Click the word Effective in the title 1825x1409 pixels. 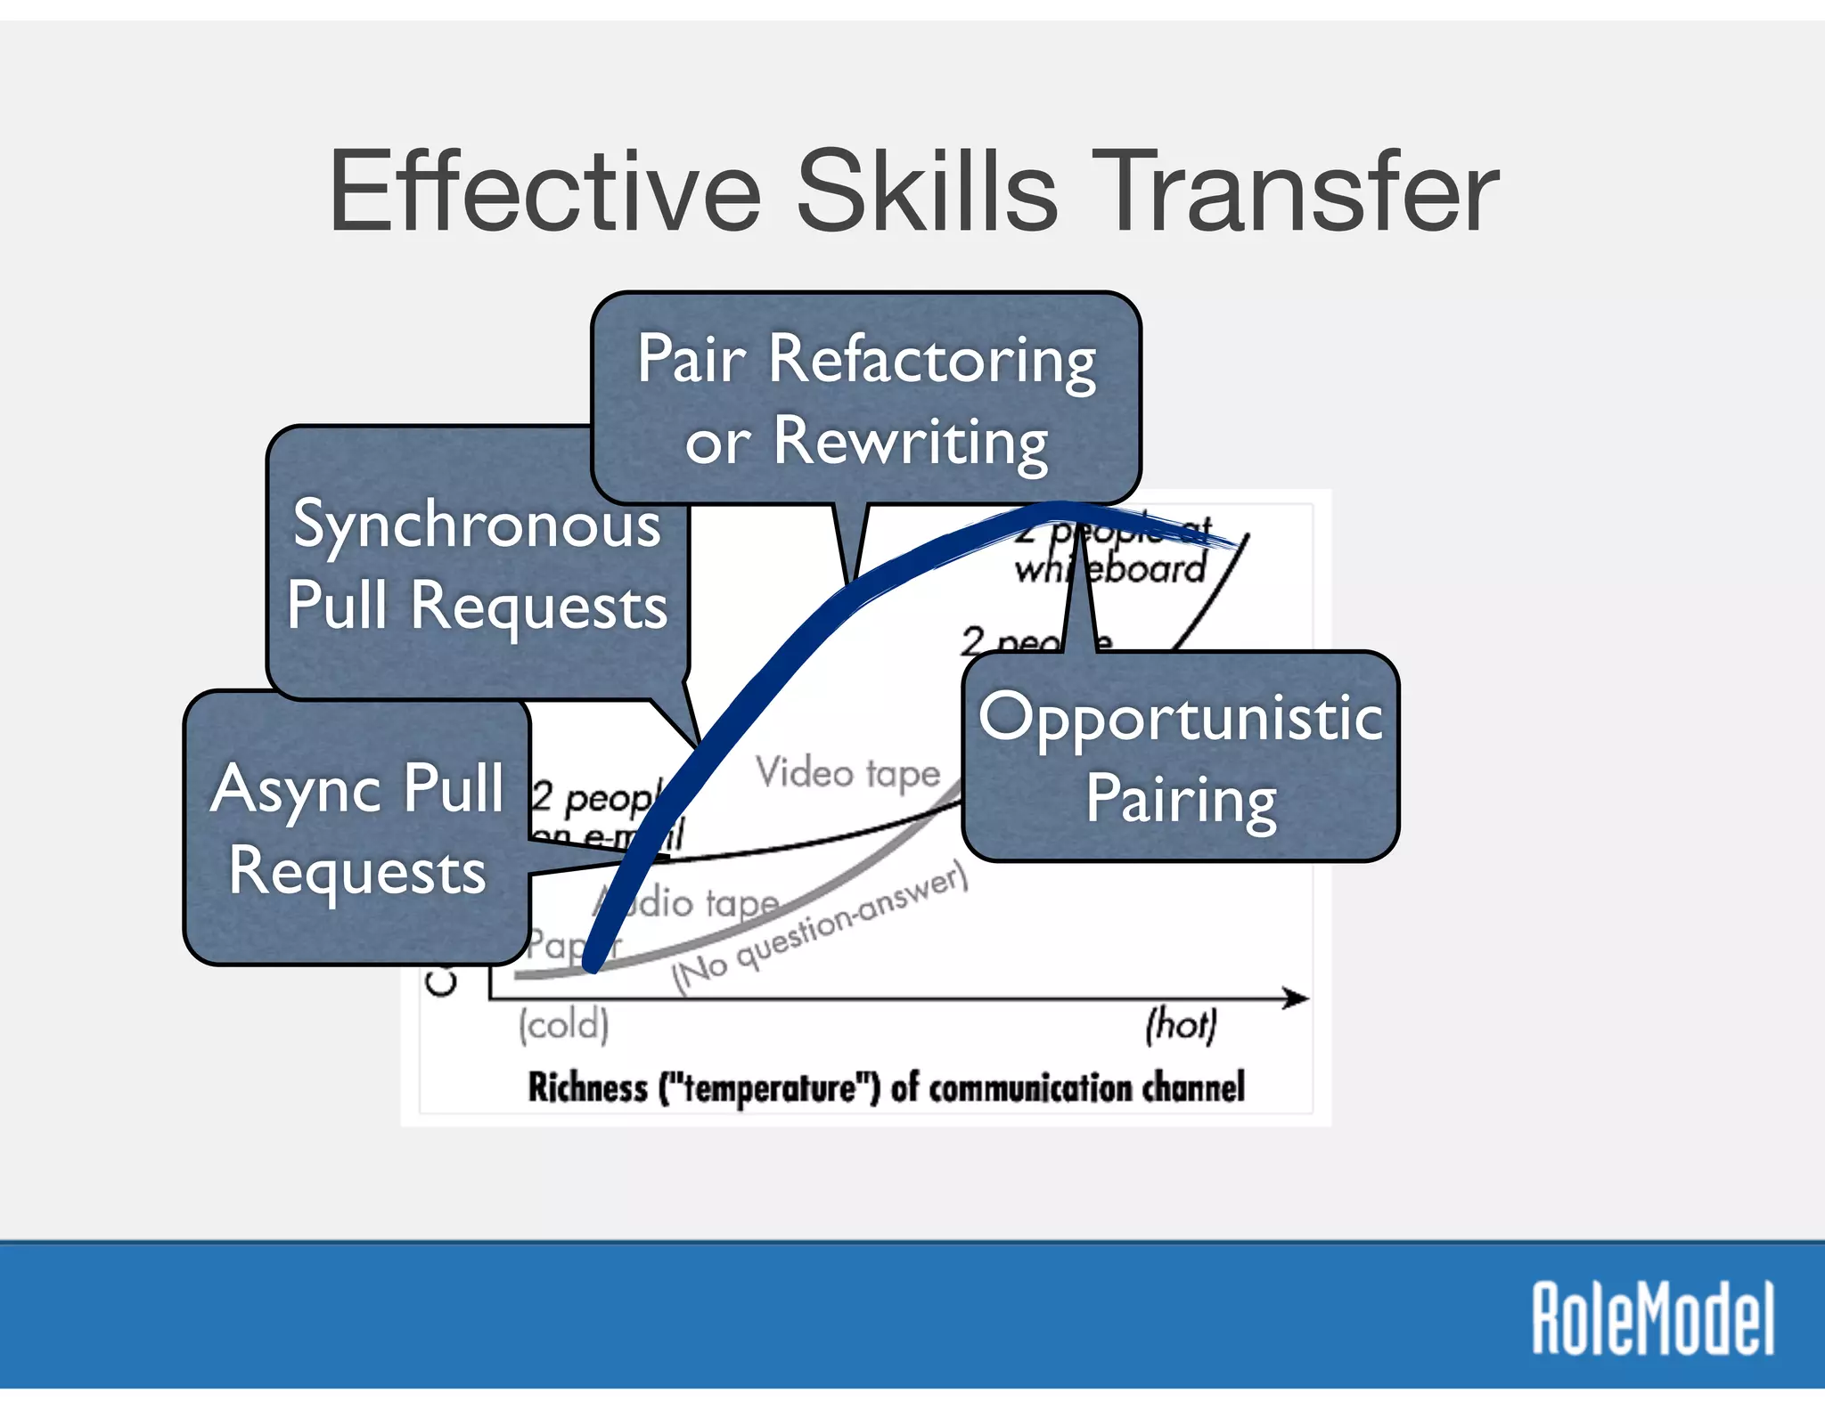click(544, 191)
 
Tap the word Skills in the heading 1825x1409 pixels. click(927, 191)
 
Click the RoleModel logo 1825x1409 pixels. click(1653, 1318)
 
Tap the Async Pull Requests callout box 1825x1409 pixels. click(356, 828)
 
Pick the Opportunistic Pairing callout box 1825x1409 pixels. click(1181, 757)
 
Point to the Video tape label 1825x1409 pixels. click(847, 773)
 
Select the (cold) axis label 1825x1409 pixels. click(564, 1024)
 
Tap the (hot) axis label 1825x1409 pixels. click(1181, 1024)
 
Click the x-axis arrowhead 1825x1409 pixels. click(1297, 998)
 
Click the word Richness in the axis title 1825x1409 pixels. click(587, 1087)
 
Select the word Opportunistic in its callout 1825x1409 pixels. click(1181, 718)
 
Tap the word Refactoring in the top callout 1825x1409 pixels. click(932, 360)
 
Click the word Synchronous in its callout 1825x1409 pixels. click(477, 525)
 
